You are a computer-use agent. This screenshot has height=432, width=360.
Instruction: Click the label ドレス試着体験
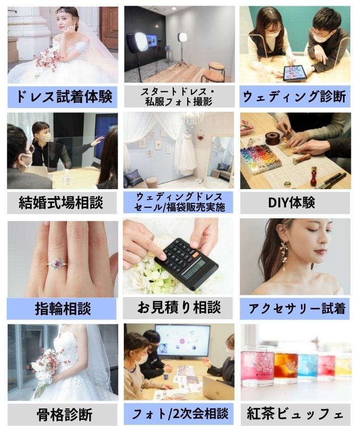(x=62, y=96)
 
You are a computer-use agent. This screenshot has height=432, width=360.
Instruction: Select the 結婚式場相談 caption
(x=62, y=203)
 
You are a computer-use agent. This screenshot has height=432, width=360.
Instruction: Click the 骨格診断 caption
(x=62, y=414)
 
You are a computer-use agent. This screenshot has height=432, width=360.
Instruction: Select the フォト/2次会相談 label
(x=179, y=414)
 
